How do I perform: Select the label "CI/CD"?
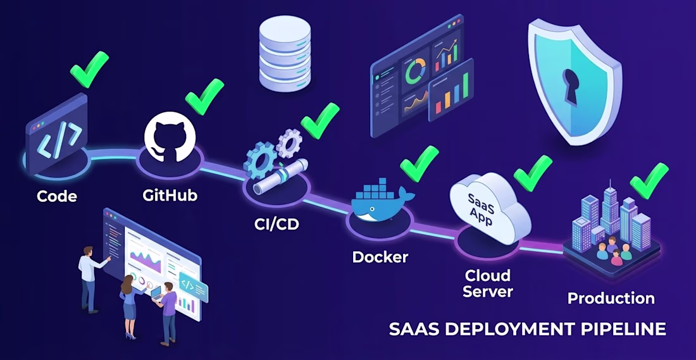tap(277, 224)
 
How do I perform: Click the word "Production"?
tap(611, 298)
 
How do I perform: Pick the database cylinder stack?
tap(285, 54)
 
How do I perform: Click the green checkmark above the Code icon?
tap(90, 69)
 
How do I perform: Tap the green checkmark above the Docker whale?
tap(419, 163)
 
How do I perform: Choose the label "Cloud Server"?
tap(488, 283)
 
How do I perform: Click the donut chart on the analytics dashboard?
tap(416, 71)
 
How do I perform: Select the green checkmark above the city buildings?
tap(649, 181)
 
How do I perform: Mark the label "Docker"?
tap(380, 257)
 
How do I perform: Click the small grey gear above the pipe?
tap(289, 142)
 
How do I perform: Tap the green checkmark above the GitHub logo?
tap(204, 97)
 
